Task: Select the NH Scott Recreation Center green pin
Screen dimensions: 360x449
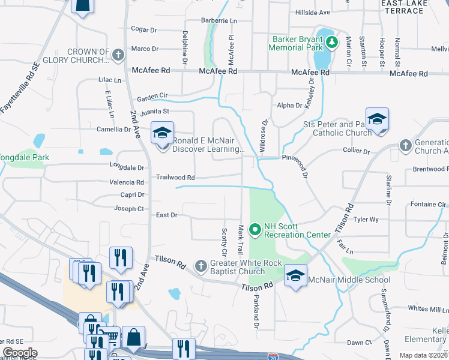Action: (x=255, y=229)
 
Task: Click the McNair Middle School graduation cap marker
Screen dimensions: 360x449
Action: (x=295, y=277)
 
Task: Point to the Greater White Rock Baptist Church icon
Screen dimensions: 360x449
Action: (x=201, y=265)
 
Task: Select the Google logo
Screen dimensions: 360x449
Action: (x=20, y=353)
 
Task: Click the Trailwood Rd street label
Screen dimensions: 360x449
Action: (x=176, y=178)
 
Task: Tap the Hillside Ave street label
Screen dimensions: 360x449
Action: (x=312, y=12)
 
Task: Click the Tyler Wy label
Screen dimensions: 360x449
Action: (x=366, y=220)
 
